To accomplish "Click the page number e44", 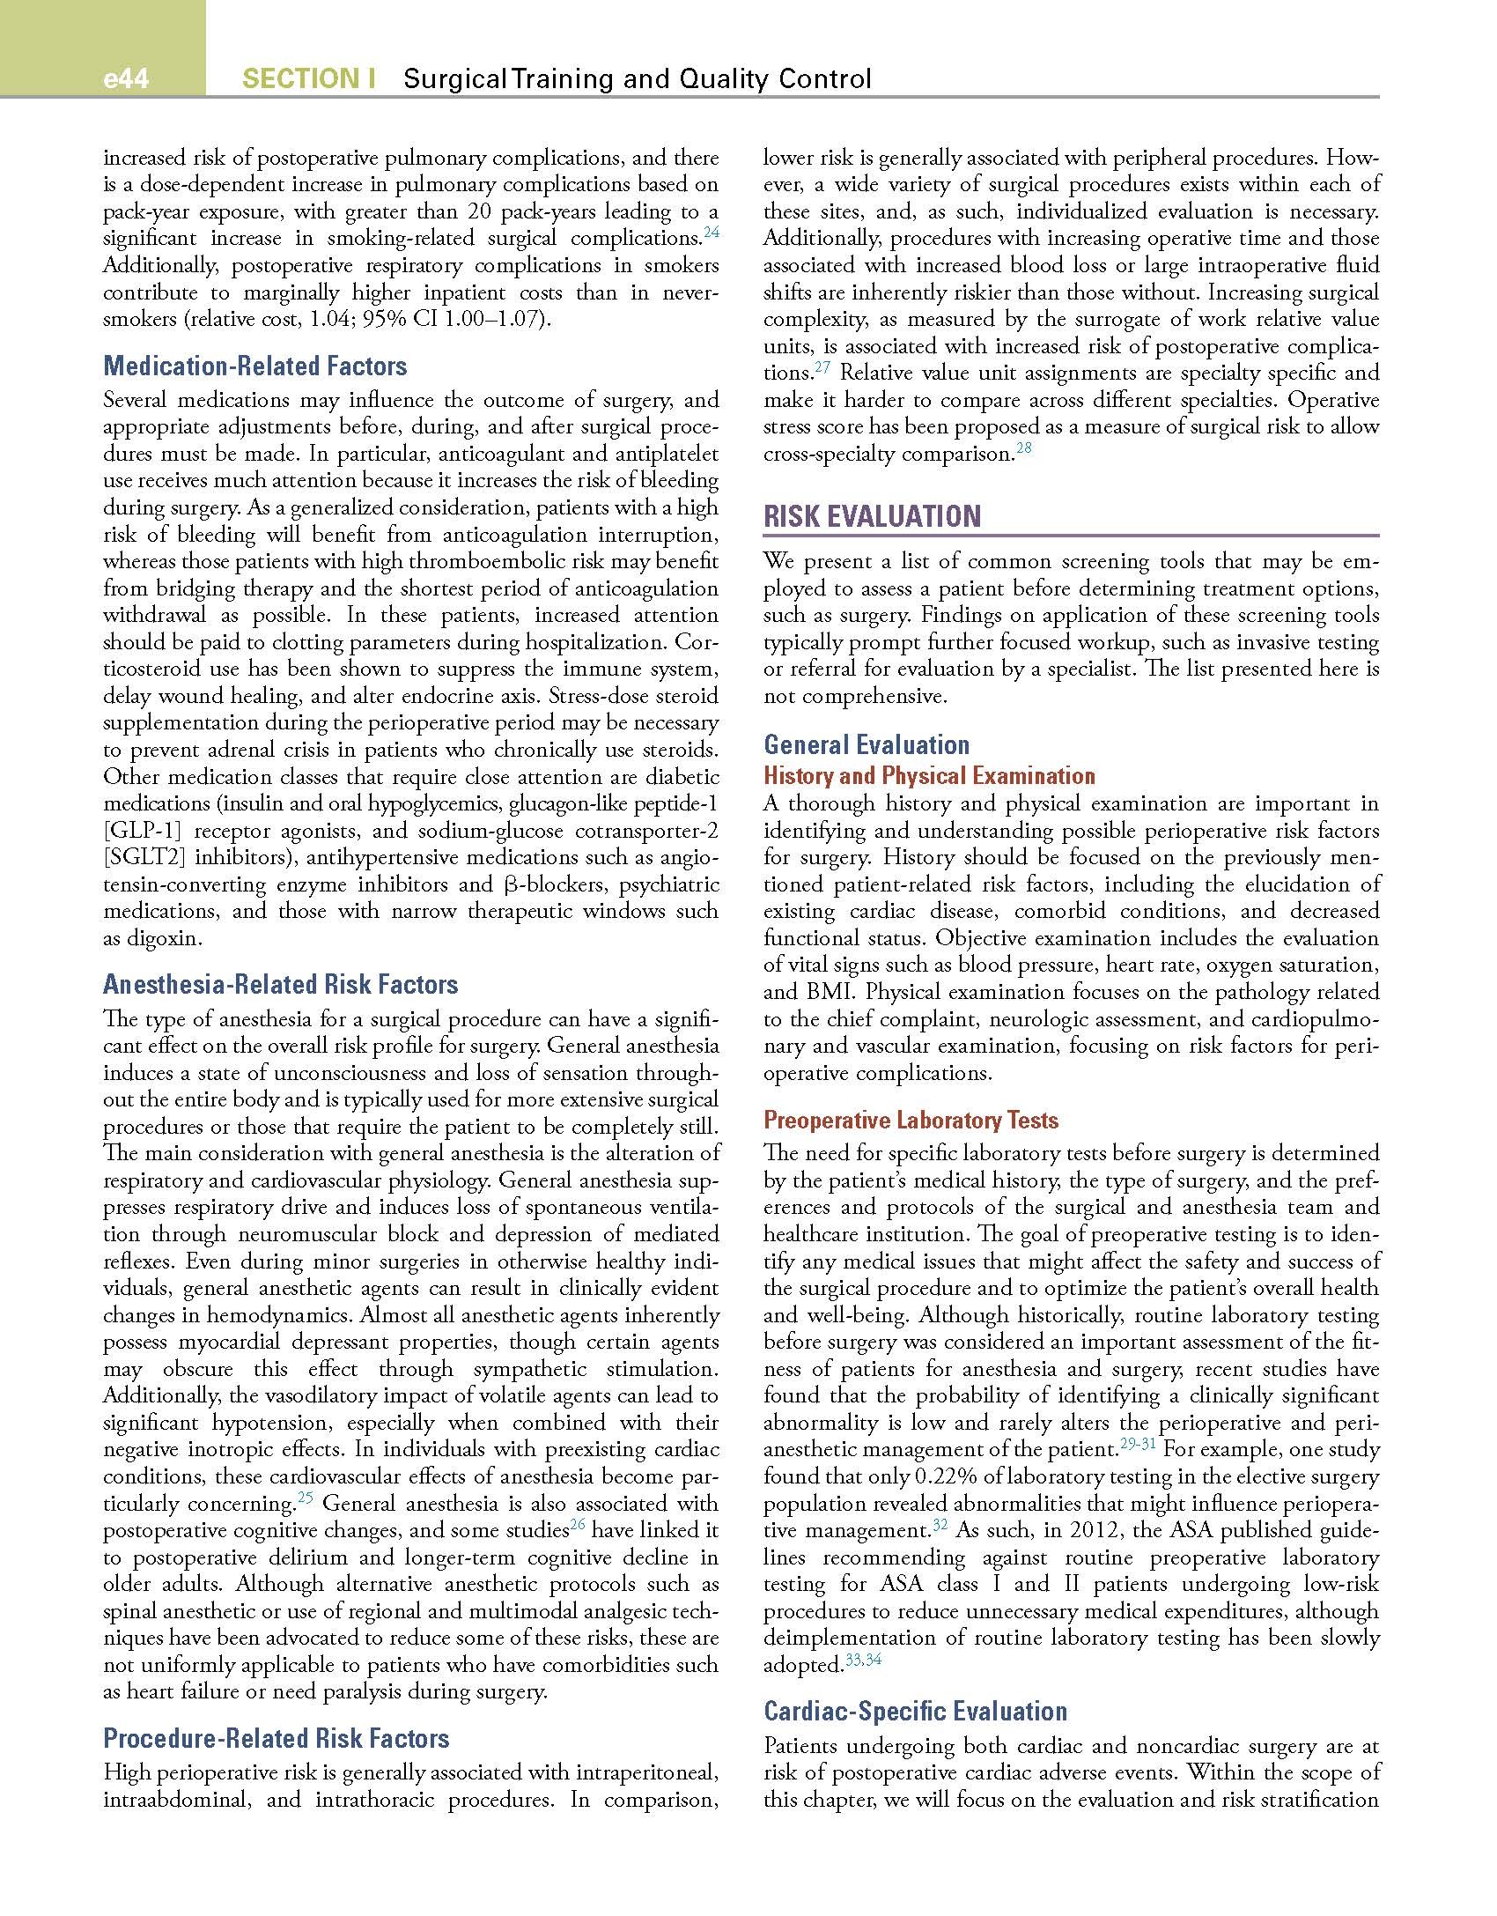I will (126, 80).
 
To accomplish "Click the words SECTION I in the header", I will (309, 79).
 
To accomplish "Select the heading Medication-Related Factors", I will (255, 366).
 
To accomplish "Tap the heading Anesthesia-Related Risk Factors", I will (281, 985).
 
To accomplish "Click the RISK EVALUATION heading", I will (872, 516).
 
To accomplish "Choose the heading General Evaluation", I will (866, 745).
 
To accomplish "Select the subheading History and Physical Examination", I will (929, 776).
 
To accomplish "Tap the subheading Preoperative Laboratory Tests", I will (911, 1121).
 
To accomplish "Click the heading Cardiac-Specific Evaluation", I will (915, 1711).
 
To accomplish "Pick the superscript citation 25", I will (306, 1498).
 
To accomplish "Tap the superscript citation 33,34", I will (862, 1661).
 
